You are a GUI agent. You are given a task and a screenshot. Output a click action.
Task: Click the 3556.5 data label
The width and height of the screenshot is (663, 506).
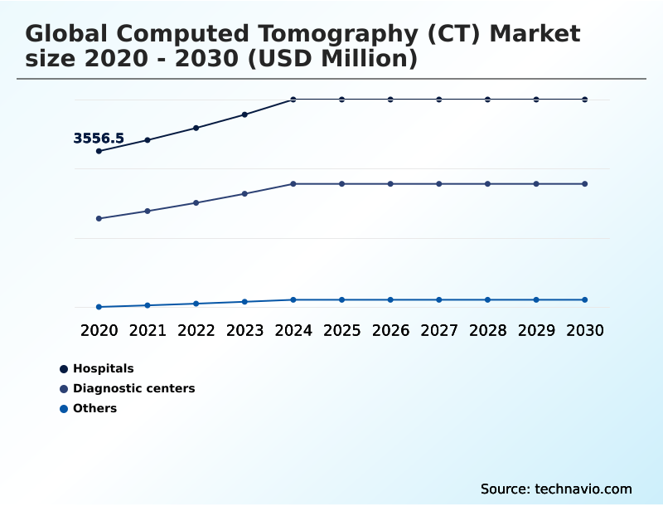[99, 139]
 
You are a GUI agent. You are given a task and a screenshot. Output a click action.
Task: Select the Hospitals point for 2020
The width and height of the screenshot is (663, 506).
[99, 151]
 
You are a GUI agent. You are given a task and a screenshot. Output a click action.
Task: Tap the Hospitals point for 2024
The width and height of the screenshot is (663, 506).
[293, 100]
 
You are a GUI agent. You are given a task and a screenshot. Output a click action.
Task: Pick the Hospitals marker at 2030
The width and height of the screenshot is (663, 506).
[585, 100]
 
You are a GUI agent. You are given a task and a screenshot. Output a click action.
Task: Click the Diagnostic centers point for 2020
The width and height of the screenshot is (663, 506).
[99, 219]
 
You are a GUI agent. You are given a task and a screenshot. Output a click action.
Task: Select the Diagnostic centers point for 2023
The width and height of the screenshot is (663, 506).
[244, 194]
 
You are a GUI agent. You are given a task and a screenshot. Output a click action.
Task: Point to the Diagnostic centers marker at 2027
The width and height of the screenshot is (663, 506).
[439, 183]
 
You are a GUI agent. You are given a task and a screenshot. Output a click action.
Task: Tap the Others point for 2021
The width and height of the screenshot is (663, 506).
[148, 305]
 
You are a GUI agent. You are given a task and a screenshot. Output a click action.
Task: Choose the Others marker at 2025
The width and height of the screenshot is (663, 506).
[341, 299]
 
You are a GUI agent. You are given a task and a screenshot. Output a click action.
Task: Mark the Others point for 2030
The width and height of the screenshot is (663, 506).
[585, 299]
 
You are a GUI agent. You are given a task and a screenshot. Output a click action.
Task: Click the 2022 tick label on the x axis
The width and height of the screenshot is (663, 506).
[196, 330]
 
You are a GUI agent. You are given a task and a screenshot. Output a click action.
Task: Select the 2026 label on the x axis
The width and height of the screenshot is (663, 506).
[390, 330]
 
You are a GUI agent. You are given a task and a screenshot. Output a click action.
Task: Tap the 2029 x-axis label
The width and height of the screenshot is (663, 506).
[536, 330]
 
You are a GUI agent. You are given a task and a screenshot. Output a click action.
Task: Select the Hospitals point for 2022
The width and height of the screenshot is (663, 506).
[196, 128]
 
